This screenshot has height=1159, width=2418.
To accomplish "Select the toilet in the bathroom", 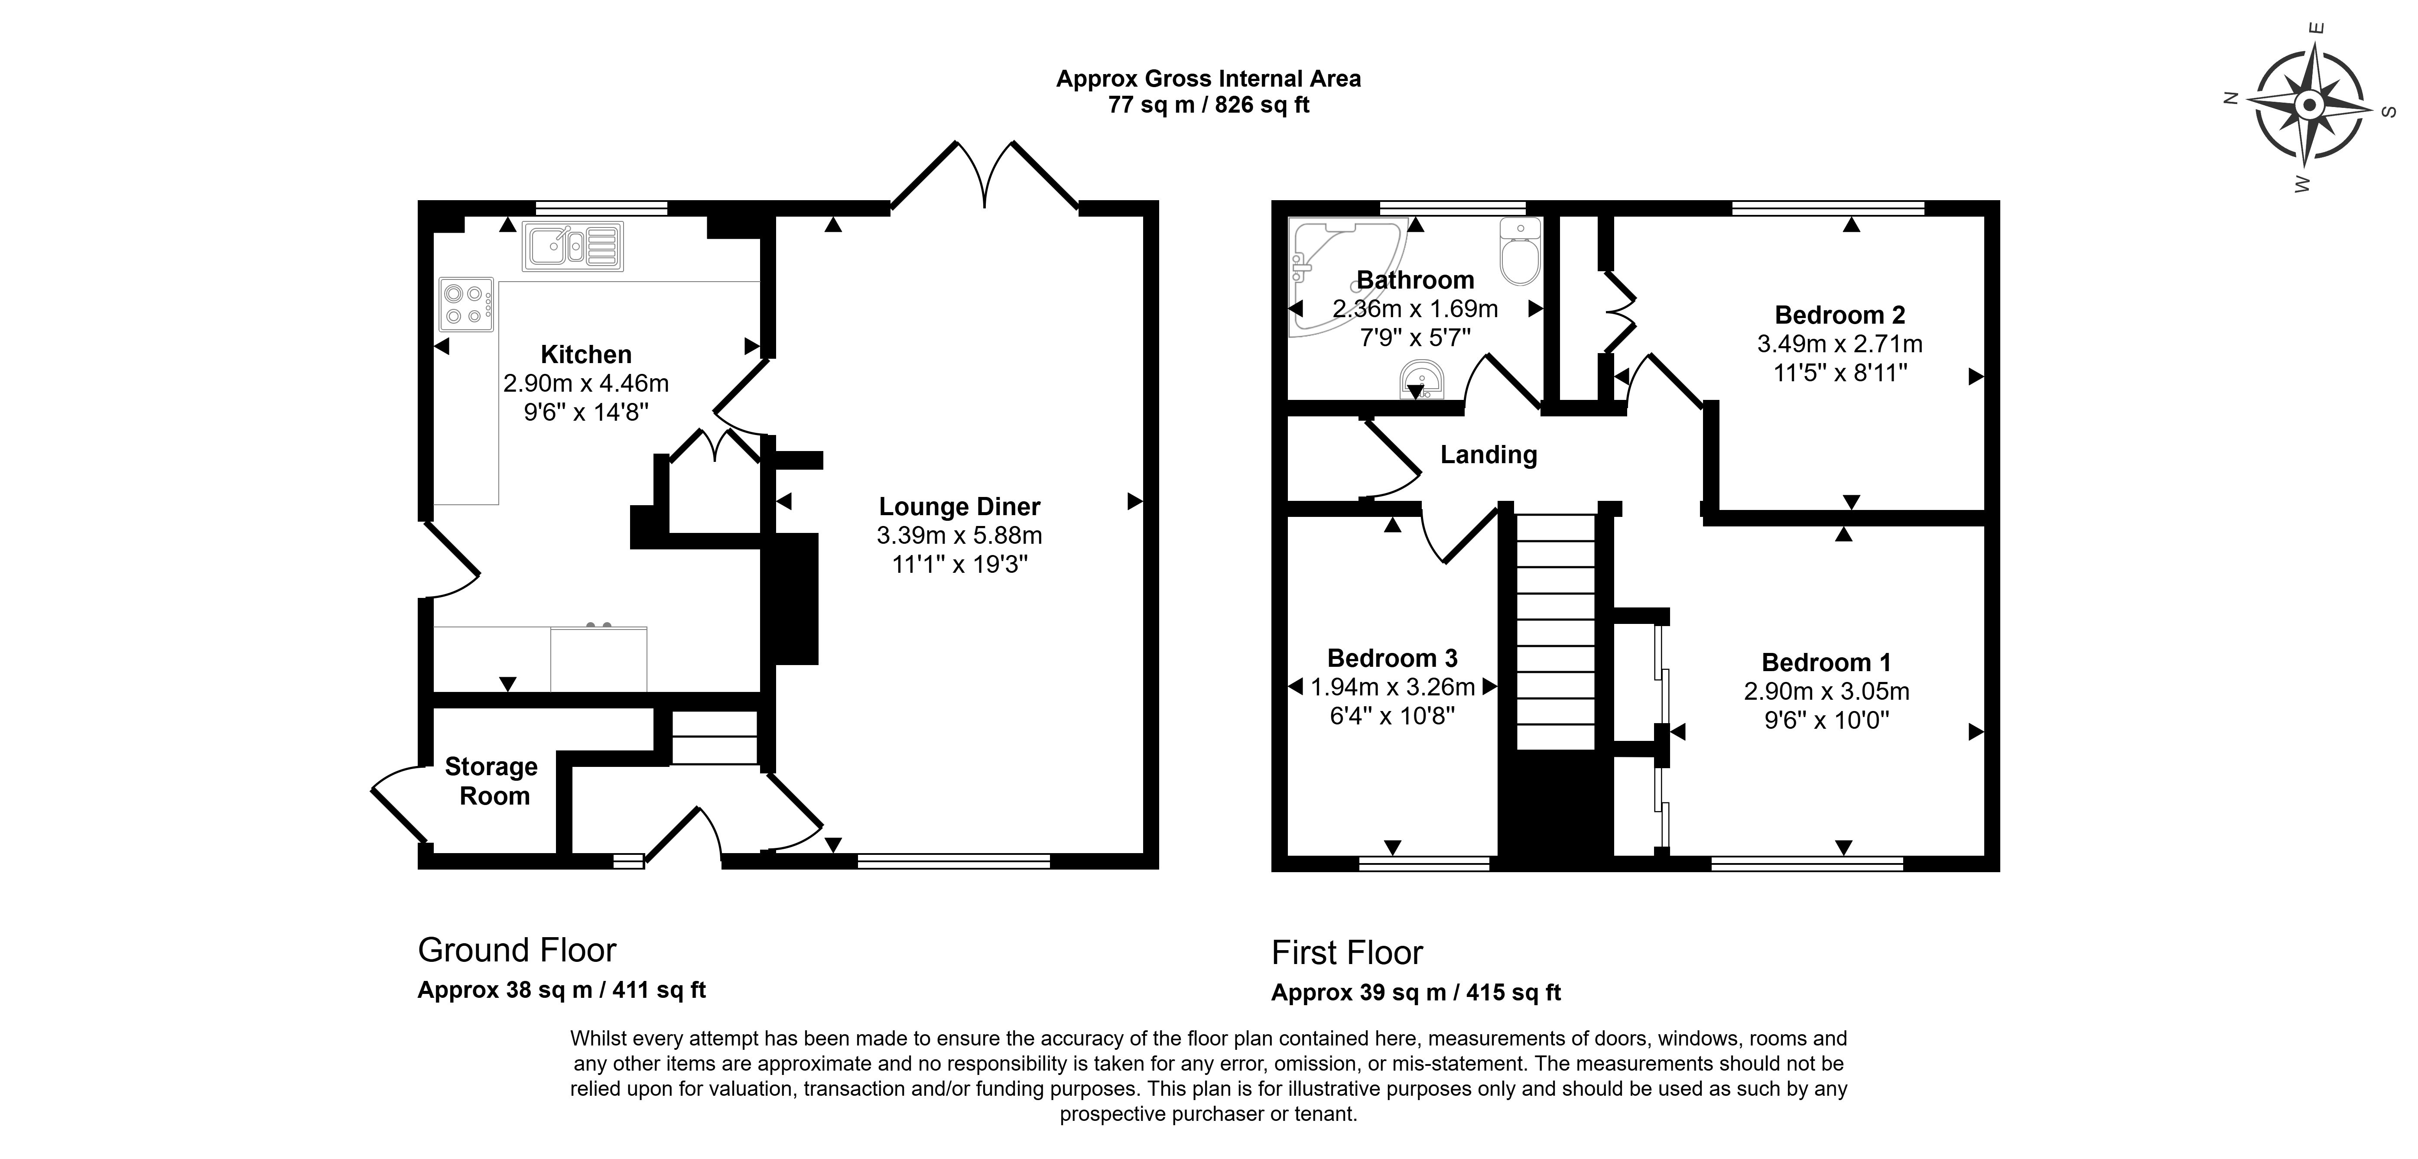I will coord(1520,251).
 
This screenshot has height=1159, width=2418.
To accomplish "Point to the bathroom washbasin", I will coord(1421,380).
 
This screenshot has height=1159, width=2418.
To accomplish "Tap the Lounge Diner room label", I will coord(959,507).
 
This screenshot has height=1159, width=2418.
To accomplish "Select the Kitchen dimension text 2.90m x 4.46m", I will coord(586,383).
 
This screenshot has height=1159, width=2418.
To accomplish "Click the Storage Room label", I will coord(491,781).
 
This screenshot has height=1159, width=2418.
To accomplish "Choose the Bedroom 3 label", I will coord(1392,658).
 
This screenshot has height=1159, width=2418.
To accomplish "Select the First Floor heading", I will coord(1347,952).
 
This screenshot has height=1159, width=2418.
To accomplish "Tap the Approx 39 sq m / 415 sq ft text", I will coord(1416,992).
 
